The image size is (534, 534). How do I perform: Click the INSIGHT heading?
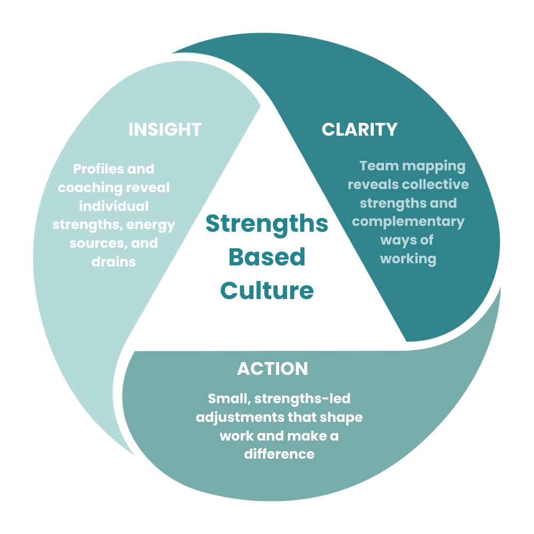pyautogui.click(x=164, y=129)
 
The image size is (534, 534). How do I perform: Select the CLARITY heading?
pyautogui.click(x=359, y=129)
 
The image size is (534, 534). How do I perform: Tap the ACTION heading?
pyautogui.click(x=272, y=368)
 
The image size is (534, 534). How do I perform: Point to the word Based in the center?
pyautogui.click(x=267, y=257)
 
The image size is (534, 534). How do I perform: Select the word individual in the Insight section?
pyautogui.click(x=113, y=206)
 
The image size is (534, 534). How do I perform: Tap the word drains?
pyautogui.click(x=113, y=262)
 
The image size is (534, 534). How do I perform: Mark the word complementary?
pyautogui.click(x=408, y=221)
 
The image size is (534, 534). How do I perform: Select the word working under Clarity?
pyautogui.click(x=408, y=258)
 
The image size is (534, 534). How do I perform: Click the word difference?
pyautogui.click(x=279, y=454)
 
